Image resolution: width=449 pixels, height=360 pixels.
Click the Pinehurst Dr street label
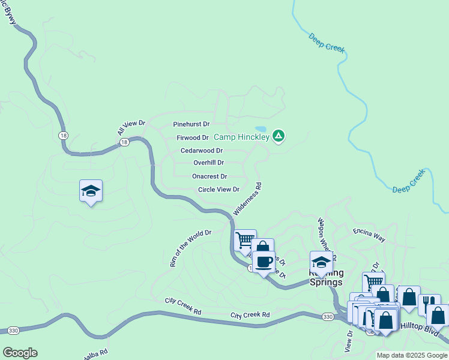pyautogui.click(x=191, y=124)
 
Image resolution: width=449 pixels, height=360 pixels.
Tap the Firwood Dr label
pyautogui.click(x=192, y=138)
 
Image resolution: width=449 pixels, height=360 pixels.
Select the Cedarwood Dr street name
pyautogui.click(x=202, y=151)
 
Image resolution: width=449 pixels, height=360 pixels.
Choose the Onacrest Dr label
pyautogui.click(x=209, y=176)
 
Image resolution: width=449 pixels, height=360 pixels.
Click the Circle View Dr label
pyautogui.click(x=218, y=190)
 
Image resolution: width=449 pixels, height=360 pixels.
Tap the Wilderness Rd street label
pyautogui.click(x=248, y=199)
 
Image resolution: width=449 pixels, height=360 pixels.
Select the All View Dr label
pyautogui.click(x=131, y=127)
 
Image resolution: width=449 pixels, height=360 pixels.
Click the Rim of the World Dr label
pyautogui.click(x=191, y=248)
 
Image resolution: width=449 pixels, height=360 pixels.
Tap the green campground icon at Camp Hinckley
pyautogui.click(x=279, y=137)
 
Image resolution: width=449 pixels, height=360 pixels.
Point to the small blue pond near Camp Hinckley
pyautogui.click(x=261, y=129)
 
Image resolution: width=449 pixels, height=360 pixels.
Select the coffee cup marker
pyautogui.click(x=263, y=262)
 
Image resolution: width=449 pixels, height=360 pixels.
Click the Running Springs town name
pyautogui.click(x=325, y=278)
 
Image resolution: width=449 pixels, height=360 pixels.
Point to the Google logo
pyautogui.click(x=20, y=353)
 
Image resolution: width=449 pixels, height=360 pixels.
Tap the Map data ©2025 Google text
pyautogui.click(x=412, y=355)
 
